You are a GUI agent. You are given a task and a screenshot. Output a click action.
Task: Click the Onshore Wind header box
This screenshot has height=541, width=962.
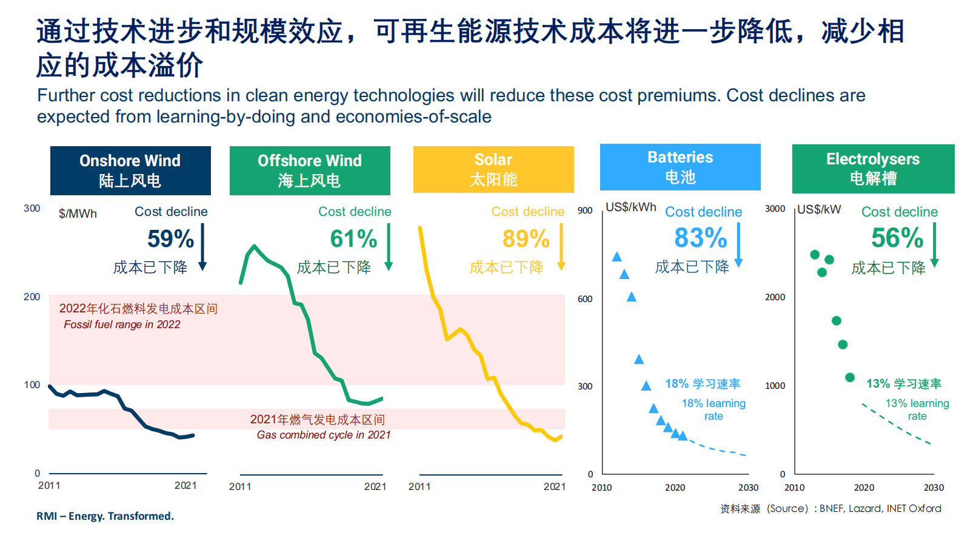pyautogui.click(x=130, y=170)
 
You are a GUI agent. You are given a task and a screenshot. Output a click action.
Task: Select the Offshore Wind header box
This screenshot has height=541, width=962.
pyautogui.click(x=310, y=170)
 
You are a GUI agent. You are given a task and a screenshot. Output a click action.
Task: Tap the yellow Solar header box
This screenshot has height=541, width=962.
pyautogui.click(x=493, y=169)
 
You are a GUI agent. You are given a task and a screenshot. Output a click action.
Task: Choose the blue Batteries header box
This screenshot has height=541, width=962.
pyautogui.click(x=680, y=167)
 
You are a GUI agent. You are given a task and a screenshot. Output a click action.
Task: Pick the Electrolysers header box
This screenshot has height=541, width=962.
pyautogui.click(x=873, y=169)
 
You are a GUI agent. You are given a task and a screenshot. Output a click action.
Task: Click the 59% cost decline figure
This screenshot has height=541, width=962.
pyautogui.click(x=170, y=238)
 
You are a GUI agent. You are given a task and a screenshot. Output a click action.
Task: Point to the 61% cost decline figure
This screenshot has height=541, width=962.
pyautogui.click(x=353, y=238)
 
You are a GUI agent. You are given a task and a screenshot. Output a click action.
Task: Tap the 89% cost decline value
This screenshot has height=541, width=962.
pyautogui.click(x=526, y=238)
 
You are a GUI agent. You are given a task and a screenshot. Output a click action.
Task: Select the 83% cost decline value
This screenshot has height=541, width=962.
pyautogui.click(x=700, y=238)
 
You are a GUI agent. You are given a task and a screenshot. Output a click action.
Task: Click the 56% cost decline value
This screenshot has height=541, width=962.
pyautogui.click(x=897, y=238)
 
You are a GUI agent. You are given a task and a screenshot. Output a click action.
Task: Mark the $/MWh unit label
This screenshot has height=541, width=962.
pyautogui.click(x=78, y=213)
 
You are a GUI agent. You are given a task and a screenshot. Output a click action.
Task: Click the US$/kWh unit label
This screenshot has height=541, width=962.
pyautogui.click(x=631, y=207)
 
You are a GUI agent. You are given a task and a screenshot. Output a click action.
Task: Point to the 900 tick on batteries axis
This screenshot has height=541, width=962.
pyautogui.click(x=585, y=210)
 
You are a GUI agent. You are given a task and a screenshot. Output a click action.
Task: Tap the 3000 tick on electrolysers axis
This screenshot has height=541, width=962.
pyautogui.click(x=775, y=209)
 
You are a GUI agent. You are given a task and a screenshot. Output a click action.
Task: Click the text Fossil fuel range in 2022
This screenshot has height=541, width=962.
pyautogui.click(x=122, y=324)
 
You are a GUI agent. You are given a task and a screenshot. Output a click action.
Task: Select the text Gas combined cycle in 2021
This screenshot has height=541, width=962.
pyautogui.click(x=324, y=435)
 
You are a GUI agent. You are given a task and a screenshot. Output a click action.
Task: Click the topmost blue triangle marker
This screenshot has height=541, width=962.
pyautogui.click(x=617, y=257)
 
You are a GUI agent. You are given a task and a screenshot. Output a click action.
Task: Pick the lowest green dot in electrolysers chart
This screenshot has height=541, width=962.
pyautogui.click(x=850, y=377)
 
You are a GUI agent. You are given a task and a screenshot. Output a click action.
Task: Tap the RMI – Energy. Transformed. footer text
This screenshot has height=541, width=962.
pyautogui.click(x=105, y=516)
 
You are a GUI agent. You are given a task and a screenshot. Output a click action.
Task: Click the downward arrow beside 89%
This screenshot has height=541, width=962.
pyautogui.click(x=561, y=246)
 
